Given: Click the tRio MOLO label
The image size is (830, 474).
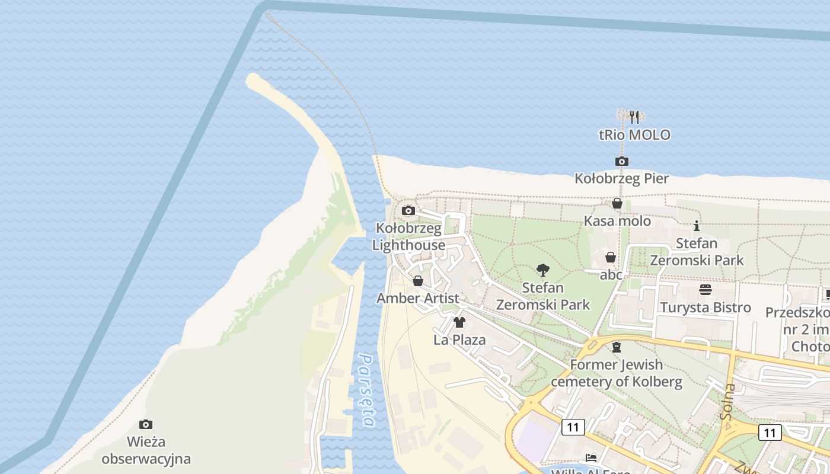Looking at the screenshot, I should (x=634, y=135).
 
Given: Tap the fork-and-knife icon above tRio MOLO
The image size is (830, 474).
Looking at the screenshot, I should (x=634, y=117).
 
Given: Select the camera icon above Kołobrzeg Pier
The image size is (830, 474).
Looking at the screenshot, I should (x=621, y=161).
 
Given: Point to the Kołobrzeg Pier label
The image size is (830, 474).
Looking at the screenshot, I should (x=621, y=178).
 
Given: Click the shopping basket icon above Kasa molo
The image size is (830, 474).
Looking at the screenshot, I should (x=617, y=204).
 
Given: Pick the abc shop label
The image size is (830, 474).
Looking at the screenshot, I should (x=611, y=274).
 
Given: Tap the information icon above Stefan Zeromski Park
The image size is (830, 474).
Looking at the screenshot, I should (x=697, y=226).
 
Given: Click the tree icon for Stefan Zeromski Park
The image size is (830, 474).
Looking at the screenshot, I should (x=542, y=271).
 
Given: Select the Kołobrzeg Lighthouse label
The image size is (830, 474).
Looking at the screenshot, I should (x=409, y=237).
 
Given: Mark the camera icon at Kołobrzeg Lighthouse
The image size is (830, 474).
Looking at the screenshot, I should (x=408, y=210).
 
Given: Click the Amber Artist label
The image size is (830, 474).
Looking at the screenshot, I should (x=418, y=298).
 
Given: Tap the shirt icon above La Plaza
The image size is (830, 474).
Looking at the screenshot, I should (x=459, y=322).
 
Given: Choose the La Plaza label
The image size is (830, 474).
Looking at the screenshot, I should (x=459, y=340).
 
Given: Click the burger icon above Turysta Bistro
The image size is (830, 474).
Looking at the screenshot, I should (x=705, y=290).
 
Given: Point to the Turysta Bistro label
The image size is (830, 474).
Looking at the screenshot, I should (x=705, y=308).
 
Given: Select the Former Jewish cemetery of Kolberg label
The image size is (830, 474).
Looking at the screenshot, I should (x=617, y=373).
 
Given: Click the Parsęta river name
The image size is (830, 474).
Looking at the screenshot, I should (x=367, y=390).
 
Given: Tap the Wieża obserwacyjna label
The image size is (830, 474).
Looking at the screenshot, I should (x=146, y=450).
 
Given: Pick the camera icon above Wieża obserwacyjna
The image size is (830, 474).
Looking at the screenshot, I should (x=146, y=424).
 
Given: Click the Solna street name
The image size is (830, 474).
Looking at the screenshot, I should (x=729, y=402).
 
